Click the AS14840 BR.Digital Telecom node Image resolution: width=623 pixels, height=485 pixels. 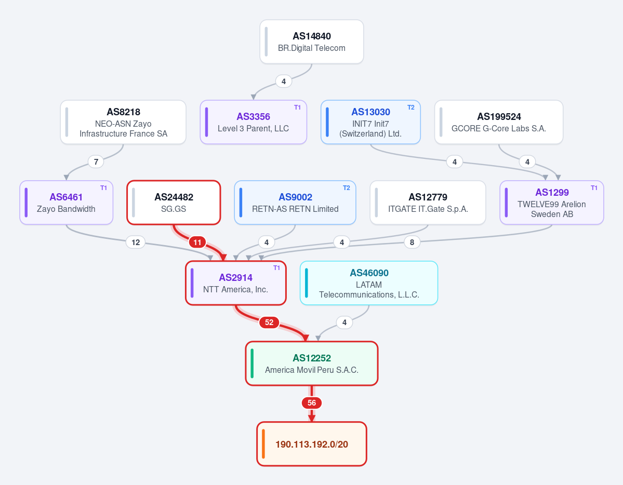point(312,42)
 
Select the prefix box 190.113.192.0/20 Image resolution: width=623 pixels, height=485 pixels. point(312,443)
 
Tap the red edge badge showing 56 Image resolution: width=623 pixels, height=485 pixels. point(312,403)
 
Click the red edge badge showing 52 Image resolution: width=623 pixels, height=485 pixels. point(269,322)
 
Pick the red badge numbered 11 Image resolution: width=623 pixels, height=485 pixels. point(197,242)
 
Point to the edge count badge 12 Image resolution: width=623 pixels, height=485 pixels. point(136,243)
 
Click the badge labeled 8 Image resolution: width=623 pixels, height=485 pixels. point(412,243)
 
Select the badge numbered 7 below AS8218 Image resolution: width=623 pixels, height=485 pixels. point(96,161)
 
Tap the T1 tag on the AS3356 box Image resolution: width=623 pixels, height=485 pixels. point(297,107)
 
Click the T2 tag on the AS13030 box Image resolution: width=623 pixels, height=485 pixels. point(411,107)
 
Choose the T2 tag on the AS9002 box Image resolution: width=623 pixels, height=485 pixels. point(347,188)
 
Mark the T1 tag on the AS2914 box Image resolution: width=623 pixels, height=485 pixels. point(276,268)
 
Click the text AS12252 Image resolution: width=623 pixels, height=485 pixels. point(312,358)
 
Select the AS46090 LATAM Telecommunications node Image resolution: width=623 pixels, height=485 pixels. point(369,283)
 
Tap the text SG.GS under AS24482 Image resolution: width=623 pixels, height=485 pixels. point(173,209)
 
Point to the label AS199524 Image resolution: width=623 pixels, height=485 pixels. point(499,116)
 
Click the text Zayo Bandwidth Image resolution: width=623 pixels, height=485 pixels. point(66,209)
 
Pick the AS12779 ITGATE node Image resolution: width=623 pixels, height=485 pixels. point(428,203)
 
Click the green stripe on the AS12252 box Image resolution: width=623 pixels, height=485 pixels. point(253,363)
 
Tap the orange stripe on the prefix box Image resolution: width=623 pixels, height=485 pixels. point(263,443)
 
